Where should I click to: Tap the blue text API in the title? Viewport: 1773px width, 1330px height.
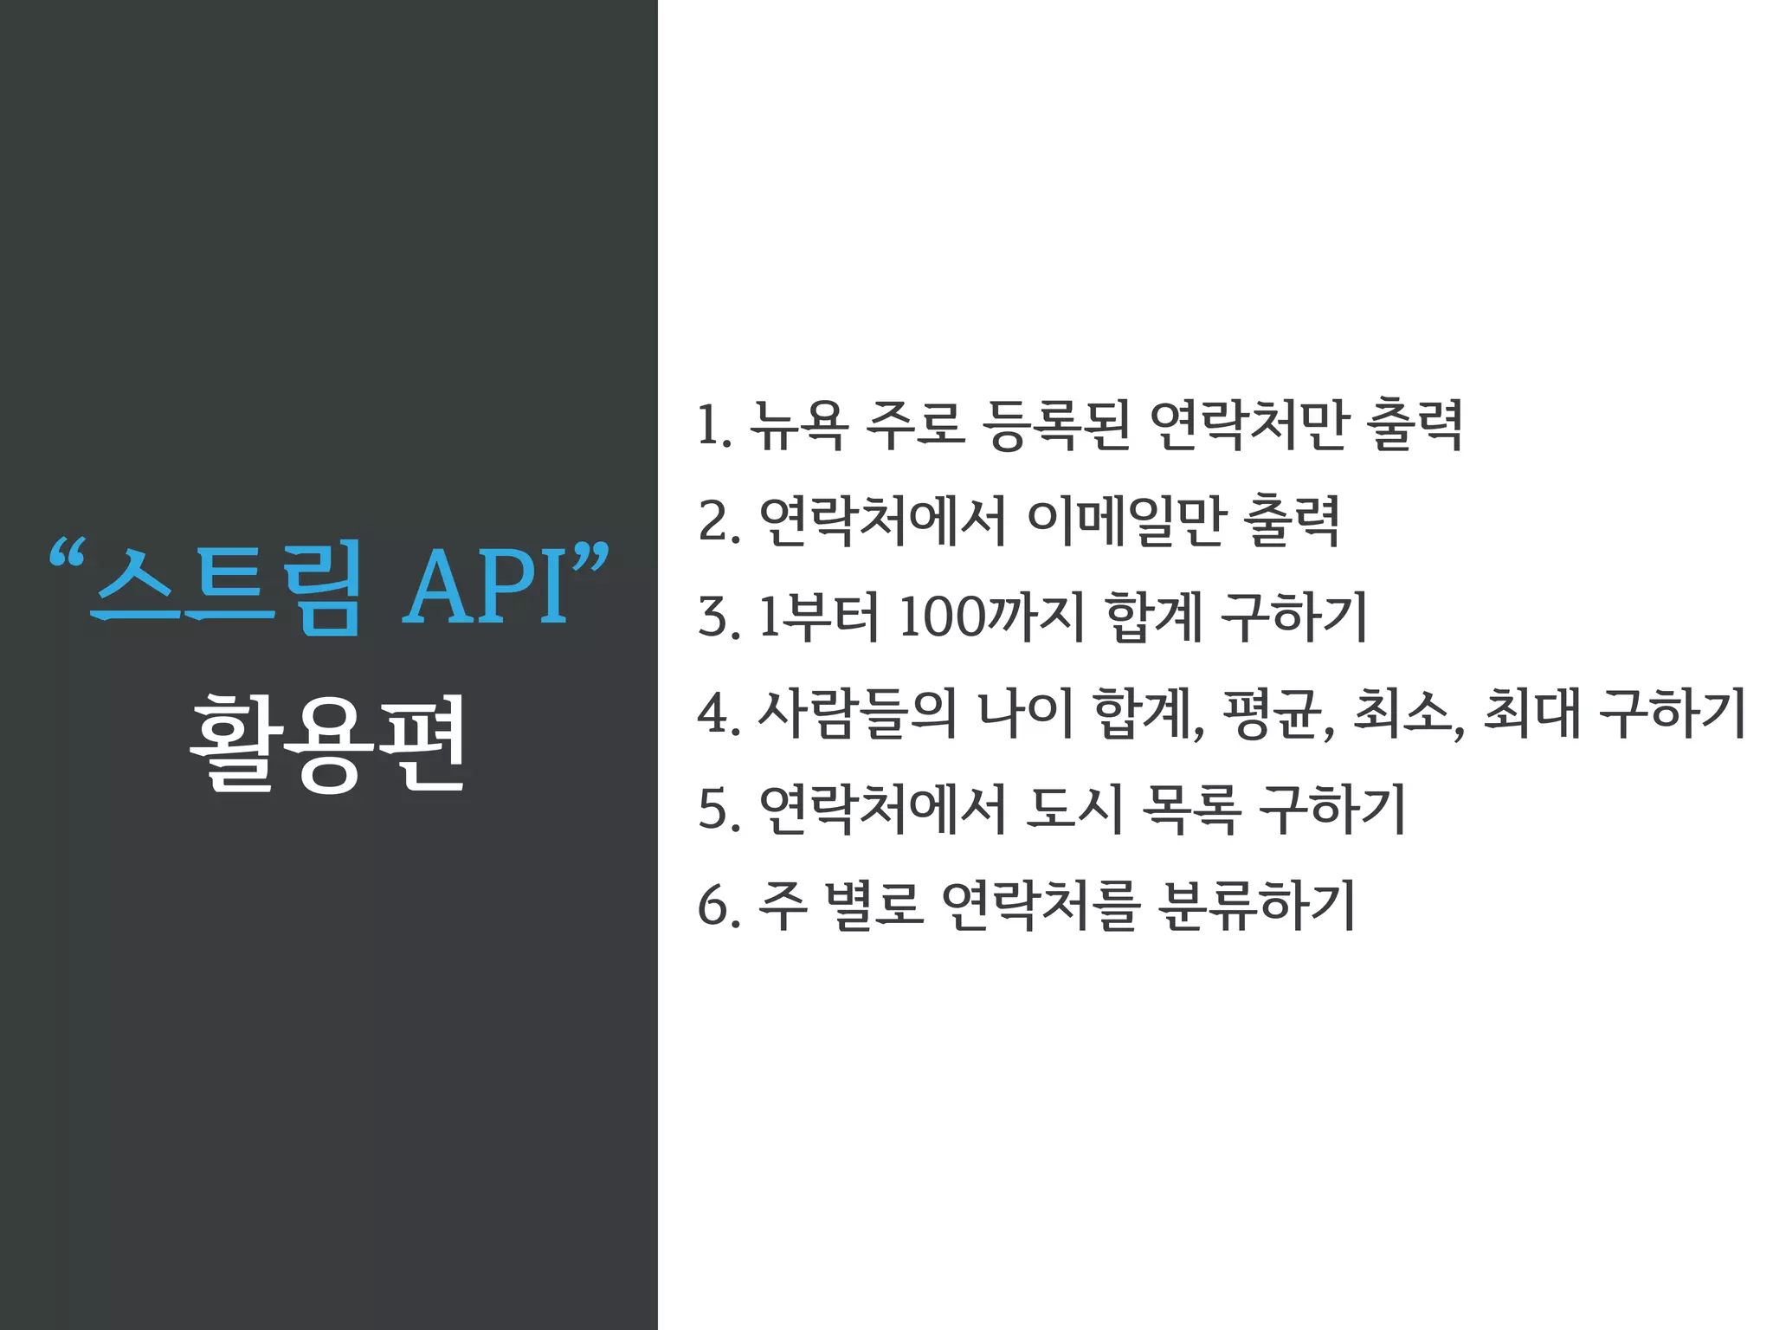pyautogui.click(x=487, y=587)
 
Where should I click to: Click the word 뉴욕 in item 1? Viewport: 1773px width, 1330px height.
pyautogui.click(x=797, y=425)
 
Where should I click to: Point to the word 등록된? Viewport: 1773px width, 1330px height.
pyautogui.click(x=1056, y=425)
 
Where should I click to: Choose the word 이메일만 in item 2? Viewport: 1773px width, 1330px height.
pyautogui.click(x=1125, y=521)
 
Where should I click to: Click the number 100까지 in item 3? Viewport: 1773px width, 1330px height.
pyautogui.click(x=991, y=617)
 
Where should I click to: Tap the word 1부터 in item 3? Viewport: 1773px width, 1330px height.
pyautogui.click(x=818, y=617)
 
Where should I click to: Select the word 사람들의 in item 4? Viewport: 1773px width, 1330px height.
pyautogui.click(x=857, y=713)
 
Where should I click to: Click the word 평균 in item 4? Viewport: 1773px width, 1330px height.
pyautogui.click(x=1273, y=713)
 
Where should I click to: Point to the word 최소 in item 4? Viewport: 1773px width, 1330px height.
pyautogui.click(x=1402, y=713)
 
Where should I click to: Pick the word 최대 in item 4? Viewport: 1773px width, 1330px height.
pyautogui.click(x=1532, y=713)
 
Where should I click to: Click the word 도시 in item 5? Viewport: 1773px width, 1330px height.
pyautogui.click(x=1073, y=810)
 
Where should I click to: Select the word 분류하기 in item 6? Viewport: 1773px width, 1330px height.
pyautogui.click(x=1255, y=906)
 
